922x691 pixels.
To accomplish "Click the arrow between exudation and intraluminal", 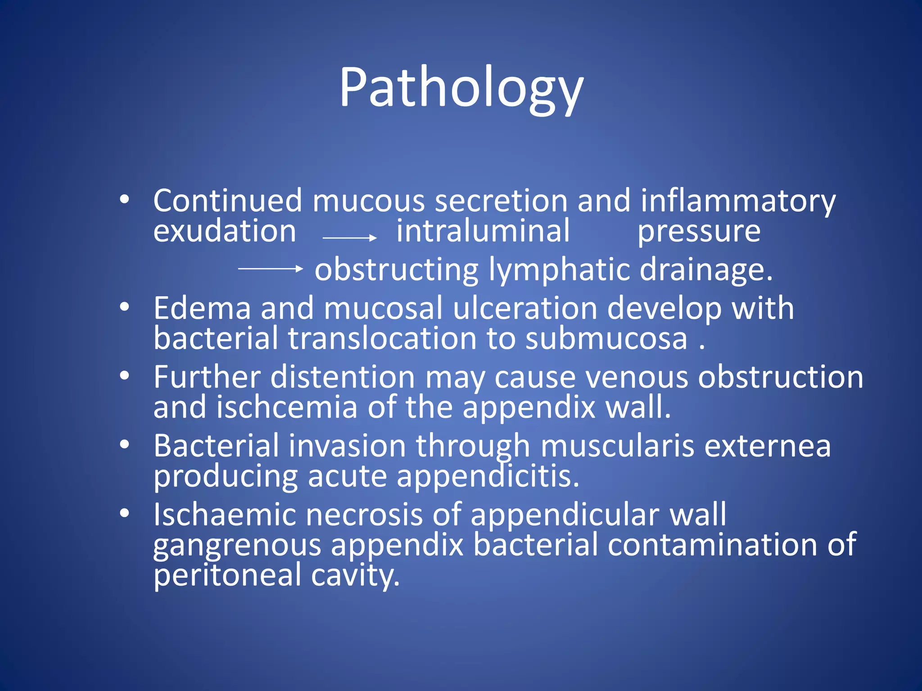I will point(349,238).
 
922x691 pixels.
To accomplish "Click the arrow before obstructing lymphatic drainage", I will point(270,269).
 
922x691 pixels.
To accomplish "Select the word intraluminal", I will point(483,231).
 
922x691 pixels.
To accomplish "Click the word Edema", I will point(202,309).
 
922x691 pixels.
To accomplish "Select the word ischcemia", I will point(287,407).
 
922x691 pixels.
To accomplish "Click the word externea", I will point(767,446).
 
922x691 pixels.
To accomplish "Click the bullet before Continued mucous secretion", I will point(125,199).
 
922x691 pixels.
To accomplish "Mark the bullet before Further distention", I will point(125,375).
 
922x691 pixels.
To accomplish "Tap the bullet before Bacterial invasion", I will point(125,444).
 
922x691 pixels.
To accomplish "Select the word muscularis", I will point(617,446).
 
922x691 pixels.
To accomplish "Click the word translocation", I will point(382,338).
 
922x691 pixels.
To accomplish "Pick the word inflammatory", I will point(738,202).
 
